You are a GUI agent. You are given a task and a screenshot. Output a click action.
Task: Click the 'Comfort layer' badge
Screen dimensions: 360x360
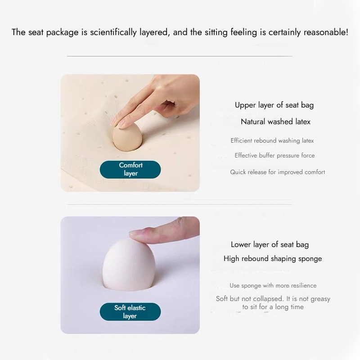[x=130, y=170]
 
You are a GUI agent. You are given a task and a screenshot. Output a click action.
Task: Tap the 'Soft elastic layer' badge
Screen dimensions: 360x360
[x=130, y=311]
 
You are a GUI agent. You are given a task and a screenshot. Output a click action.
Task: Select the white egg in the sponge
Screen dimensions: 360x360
[x=129, y=264]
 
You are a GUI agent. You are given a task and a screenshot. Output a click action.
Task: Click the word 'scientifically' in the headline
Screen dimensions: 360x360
[x=113, y=32]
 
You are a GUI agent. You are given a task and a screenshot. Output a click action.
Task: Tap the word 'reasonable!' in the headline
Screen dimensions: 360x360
[x=326, y=32]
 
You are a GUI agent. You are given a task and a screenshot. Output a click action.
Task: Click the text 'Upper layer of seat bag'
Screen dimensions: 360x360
[x=274, y=105]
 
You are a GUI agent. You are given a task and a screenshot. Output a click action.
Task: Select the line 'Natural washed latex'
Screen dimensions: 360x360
[x=275, y=121]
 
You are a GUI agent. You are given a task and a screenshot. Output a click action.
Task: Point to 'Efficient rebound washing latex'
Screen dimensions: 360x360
[x=272, y=140]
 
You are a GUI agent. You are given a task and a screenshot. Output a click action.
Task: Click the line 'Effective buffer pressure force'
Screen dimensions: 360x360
[x=274, y=155]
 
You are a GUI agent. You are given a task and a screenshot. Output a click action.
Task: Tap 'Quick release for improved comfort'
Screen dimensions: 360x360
[x=277, y=172]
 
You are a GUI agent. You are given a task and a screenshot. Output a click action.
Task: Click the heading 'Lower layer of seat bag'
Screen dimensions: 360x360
[x=270, y=245]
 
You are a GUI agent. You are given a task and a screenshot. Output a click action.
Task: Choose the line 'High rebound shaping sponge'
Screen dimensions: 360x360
[x=273, y=259]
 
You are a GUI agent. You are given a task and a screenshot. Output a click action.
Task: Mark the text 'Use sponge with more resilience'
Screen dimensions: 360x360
[x=273, y=285]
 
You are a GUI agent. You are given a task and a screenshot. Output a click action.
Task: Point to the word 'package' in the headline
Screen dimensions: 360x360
[x=62, y=32]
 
